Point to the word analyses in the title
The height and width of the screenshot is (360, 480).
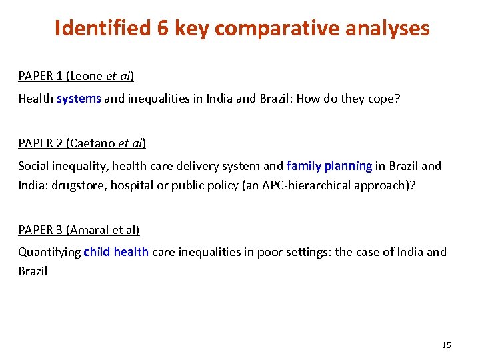[389, 29]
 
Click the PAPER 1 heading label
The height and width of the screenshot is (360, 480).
[40, 76]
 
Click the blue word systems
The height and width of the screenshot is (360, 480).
[79, 99]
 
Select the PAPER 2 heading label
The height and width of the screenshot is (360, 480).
[40, 143]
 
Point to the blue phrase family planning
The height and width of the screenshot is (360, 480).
[329, 165]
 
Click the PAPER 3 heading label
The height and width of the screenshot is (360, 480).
[40, 229]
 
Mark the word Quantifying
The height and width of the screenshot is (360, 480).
[49, 252]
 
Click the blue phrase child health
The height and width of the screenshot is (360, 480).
[116, 252]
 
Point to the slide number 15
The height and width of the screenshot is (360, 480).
[446, 345]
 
